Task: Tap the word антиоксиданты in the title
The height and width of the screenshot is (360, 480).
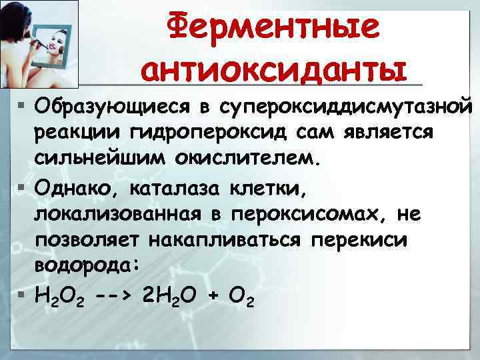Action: (x=273, y=69)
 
